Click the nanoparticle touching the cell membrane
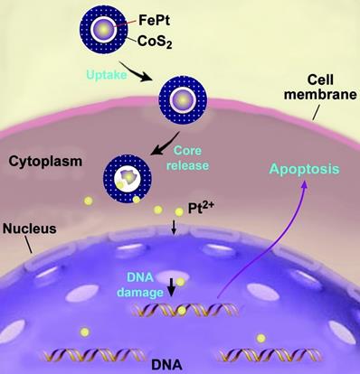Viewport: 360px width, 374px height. [x=182, y=98]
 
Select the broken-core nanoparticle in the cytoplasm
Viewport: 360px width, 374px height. [x=128, y=173]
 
